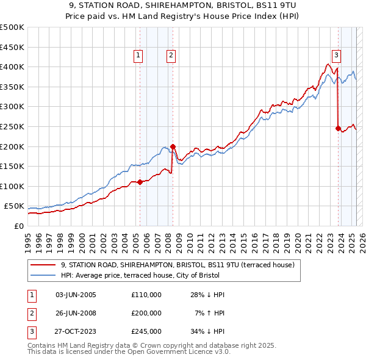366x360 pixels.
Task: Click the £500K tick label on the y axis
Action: tap(12, 27)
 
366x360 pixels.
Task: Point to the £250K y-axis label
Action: tap(12, 126)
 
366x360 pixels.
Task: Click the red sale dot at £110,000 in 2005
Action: tap(140, 182)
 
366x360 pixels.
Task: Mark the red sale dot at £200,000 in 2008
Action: tap(173, 146)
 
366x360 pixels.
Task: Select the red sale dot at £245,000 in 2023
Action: tap(338, 128)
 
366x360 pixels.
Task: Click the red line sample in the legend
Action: tap(43, 265)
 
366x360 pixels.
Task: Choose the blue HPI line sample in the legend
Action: tap(43, 275)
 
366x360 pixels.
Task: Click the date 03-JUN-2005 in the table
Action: tap(76, 295)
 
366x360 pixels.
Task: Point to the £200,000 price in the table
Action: tap(146, 313)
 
